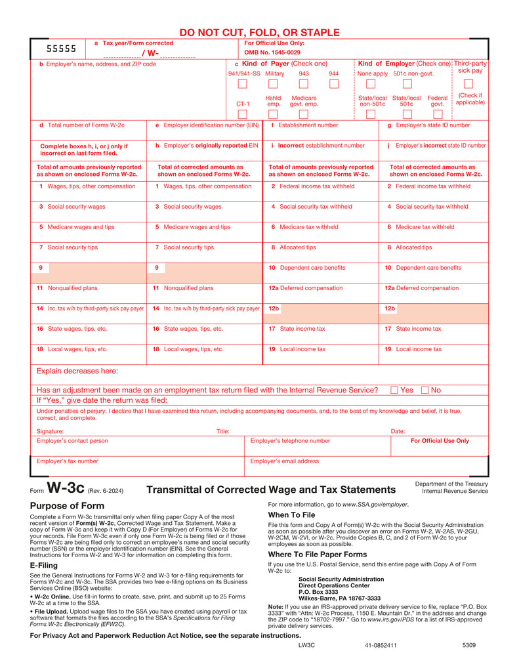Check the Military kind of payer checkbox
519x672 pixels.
[x=274, y=84]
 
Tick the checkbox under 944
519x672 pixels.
[x=334, y=84]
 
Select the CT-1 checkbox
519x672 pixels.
[x=243, y=114]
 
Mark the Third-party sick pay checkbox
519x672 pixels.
[x=468, y=83]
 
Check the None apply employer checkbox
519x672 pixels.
[x=371, y=84]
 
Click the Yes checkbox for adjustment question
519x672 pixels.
[x=394, y=390]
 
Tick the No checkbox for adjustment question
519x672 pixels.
[x=425, y=390]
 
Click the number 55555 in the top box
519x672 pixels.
[x=61, y=49]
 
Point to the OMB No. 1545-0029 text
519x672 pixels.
[x=272, y=52]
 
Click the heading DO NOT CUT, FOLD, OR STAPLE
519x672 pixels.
[x=259, y=32]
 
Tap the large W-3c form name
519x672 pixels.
[x=66, y=488]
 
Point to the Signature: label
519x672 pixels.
[x=50, y=432]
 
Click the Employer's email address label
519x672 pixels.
[x=284, y=461]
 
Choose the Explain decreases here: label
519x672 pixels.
[x=77, y=371]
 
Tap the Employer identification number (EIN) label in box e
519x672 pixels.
[x=211, y=125]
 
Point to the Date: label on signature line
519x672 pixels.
[x=398, y=432]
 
